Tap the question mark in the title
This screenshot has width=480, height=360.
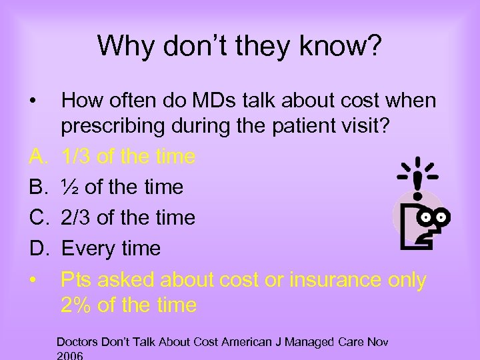374,46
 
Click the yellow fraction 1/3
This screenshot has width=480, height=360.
76,157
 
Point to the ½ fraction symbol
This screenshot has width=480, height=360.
69,187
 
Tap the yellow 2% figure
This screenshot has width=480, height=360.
75,305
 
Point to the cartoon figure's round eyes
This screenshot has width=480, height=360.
437,216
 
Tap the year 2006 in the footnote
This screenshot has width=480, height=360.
70,355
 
